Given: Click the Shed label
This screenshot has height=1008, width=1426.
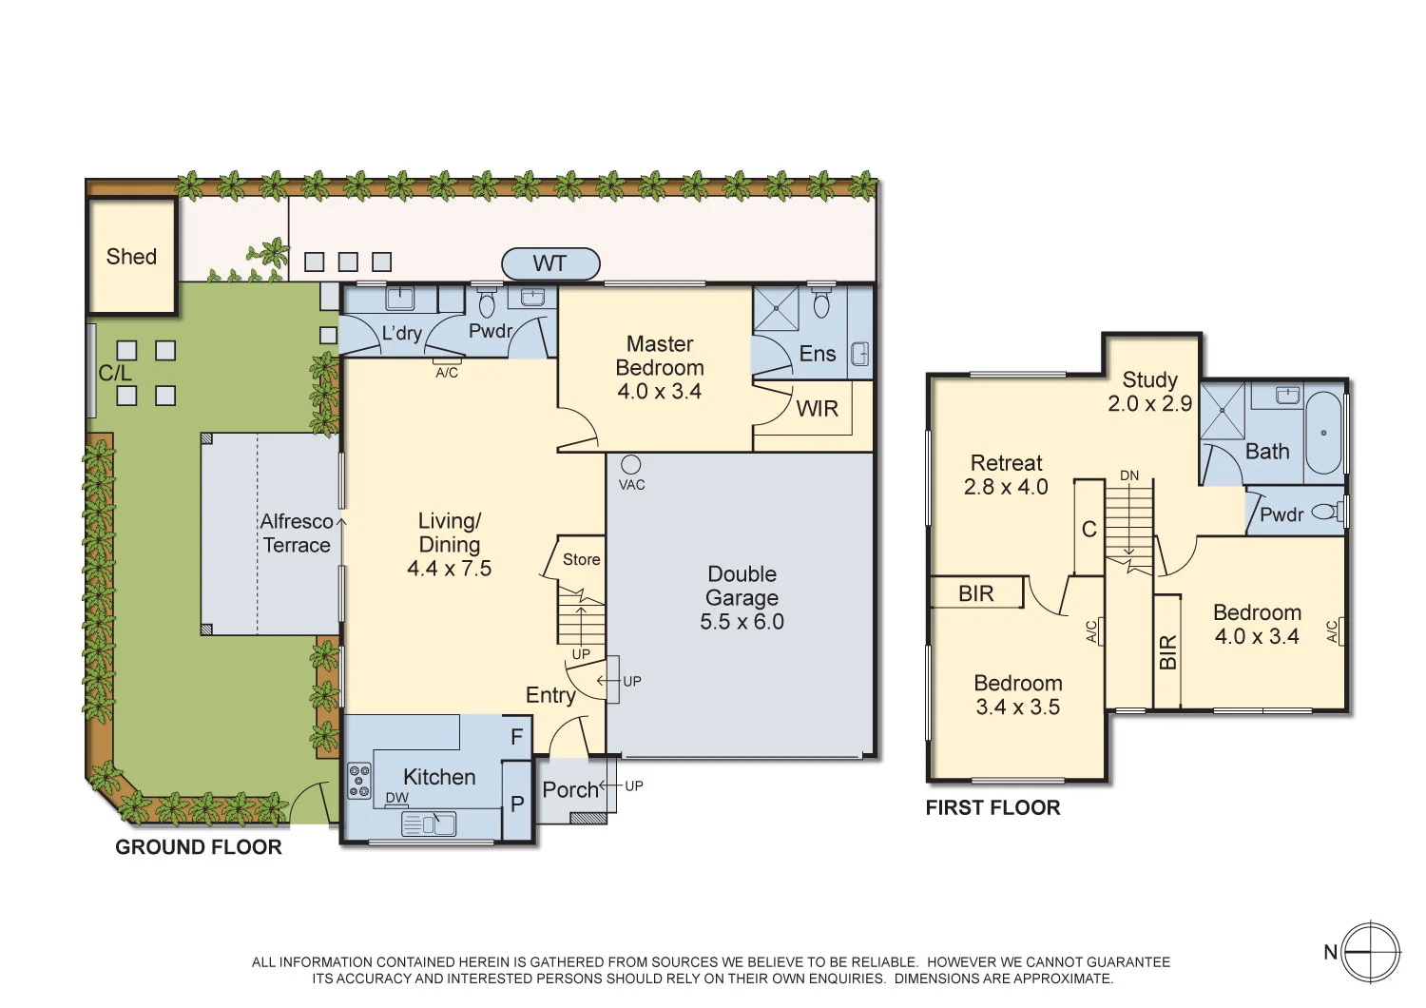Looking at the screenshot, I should pyautogui.click(x=131, y=257).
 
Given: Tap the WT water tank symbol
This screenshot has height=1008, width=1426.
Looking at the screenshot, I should pyautogui.click(x=550, y=263).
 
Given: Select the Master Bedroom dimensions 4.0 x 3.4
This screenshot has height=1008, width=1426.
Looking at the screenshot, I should pyautogui.click(x=659, y=392).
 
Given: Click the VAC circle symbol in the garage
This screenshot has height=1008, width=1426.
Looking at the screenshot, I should pyautogui.click(x=631, y=464).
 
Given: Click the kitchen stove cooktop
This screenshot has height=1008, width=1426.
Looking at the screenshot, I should pyautogui.click(x=359, y=781).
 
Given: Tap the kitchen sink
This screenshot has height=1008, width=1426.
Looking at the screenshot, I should pyautogui.click(x=429, y=824).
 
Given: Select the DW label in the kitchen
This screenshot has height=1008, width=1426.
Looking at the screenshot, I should pyautogui.click(x=396, y=798).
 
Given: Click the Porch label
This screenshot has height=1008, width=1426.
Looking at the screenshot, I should pyautogui.click(x=569, y=789).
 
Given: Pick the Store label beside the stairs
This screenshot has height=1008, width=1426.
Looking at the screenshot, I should pyautogui.click(x=581, y=559).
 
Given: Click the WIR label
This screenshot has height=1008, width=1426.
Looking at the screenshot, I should pyautogui.click(x=817, y=409).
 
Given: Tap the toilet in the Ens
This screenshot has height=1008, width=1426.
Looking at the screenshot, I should pyautogui.click(x=821, y=304).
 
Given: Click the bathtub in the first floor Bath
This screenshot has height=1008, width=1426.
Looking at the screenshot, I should pyautogui.click(x=1322, y=433).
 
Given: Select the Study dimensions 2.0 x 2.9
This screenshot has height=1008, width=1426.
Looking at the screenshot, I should pyautogui.click(x=1149, y=403).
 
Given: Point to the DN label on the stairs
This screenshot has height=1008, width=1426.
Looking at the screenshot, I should pyautogui.click(x=1128, y=475).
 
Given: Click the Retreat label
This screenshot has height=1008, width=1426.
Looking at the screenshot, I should pyautogui.click(x=1006, y=463).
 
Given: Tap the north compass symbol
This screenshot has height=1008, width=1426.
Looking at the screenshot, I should pyautogui.click(x=1370, y=952).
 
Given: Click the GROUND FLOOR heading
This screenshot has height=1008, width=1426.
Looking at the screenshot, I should pyautogui.click(x=198, y=847).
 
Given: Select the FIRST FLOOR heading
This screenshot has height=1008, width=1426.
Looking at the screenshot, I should pyautogui.click(x=992, y=807).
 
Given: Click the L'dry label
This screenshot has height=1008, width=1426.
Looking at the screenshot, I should pyautogui.click(x=401, y=333).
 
